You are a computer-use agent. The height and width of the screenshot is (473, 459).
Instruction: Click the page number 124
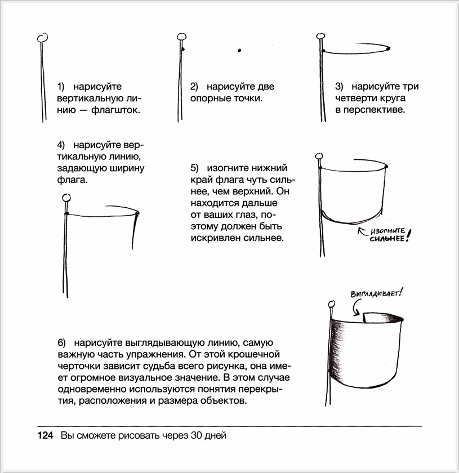click(x=45, y=436)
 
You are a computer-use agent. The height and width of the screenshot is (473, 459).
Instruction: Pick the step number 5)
click(x=195, y=168)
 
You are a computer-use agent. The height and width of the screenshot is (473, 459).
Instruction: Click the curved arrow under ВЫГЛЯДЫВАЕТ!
click(x=355, y=307)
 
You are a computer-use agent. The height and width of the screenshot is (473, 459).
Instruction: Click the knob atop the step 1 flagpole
click(x=42, y=38)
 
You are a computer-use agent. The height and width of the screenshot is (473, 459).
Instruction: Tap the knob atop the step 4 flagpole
click(x=66, y=198)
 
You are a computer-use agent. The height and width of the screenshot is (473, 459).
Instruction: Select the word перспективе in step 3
click(x=376, y=109)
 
